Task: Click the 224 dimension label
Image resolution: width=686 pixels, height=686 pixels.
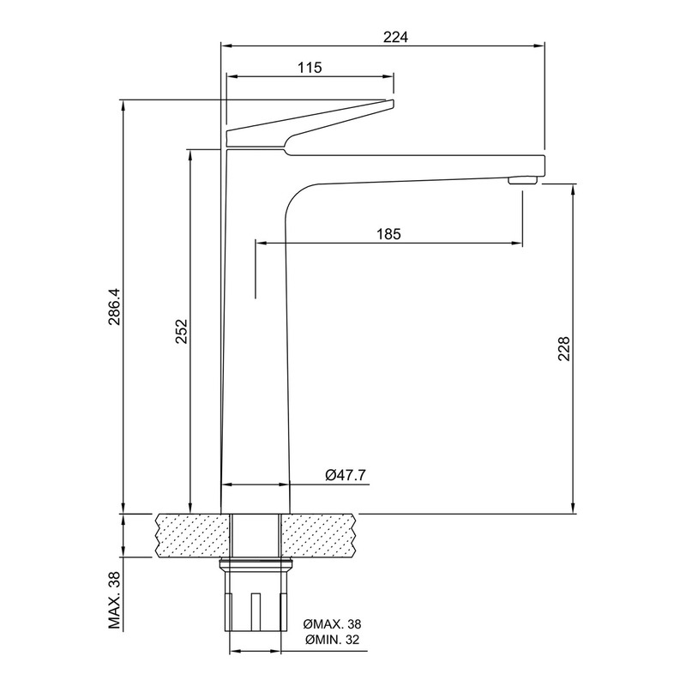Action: point(395,37)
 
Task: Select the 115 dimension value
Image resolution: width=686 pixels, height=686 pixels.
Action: point(310,68)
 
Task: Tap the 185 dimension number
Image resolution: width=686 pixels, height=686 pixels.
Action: point(389,234)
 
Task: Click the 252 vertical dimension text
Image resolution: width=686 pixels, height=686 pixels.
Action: point(182,331)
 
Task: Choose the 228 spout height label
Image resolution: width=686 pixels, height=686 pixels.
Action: point(564,348)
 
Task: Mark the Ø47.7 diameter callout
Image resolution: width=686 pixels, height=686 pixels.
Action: point(346,475)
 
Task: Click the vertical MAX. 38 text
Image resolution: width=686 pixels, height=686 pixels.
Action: point(115,600)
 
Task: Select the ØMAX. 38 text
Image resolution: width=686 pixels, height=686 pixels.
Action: point(333,623)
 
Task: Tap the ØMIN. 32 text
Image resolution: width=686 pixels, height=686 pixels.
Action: point(333,640)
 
